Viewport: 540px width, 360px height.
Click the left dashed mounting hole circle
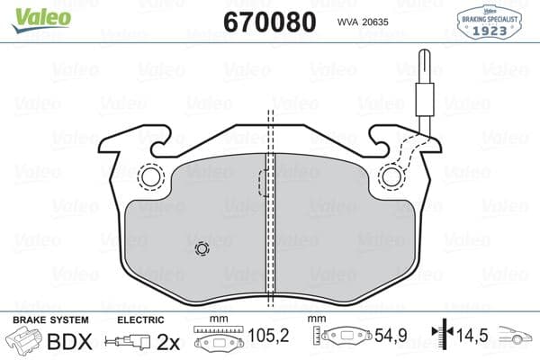(x=150, y=177)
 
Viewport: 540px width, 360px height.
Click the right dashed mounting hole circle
(x=391, y=177)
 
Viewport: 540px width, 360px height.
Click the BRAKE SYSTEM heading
(x=49, y=320)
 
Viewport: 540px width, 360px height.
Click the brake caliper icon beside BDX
(x=24, y=341)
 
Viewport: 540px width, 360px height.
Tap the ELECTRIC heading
(x=140, y=320)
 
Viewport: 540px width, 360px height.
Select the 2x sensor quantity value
(x=168, y=341)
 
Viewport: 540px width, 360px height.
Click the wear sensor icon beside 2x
(x=126, y=342)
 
